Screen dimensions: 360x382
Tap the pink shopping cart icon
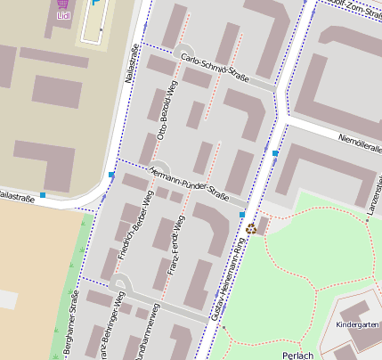pos(62,4)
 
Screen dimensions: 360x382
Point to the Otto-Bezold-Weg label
pos(165,111)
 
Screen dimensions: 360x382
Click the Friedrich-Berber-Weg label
pos(136,224)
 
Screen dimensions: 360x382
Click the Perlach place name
pos(297,354)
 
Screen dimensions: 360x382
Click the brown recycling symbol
pos(251,228)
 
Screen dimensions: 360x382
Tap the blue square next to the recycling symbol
pos(241,215)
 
